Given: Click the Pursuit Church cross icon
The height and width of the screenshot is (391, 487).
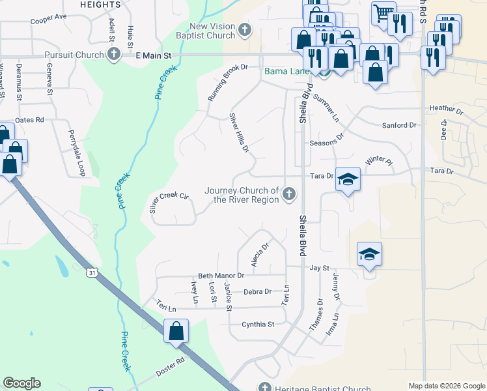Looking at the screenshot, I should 114,55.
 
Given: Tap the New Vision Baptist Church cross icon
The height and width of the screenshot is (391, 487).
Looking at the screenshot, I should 245,30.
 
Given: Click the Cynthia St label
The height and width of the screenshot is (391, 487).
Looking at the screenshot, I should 258,324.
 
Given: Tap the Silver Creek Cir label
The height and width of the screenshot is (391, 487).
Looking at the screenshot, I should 169,202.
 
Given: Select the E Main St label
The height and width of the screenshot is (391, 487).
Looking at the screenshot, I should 154,56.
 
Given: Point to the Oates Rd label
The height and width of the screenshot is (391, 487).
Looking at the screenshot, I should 29,120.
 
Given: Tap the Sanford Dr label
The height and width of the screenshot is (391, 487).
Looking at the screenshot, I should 399,125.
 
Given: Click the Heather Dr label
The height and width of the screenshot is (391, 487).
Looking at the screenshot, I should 445,110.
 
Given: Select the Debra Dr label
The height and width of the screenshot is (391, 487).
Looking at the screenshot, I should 257,291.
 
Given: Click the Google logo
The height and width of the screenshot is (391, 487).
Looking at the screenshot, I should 22,383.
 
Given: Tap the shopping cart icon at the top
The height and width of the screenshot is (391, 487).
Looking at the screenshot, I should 383,12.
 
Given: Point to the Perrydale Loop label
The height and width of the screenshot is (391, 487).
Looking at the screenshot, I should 77,152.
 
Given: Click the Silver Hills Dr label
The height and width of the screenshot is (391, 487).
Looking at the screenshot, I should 239,133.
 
